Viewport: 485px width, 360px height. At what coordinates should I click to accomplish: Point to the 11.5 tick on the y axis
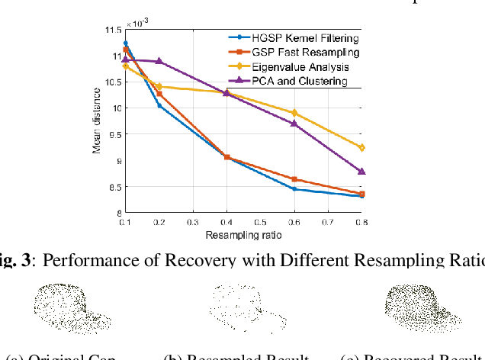point(111,30)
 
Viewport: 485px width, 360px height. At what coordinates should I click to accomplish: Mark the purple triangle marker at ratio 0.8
point(361,172)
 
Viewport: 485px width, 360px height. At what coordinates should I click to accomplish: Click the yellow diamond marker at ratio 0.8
point(361,147)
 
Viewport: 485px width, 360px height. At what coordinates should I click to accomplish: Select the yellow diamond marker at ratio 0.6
point(294,113)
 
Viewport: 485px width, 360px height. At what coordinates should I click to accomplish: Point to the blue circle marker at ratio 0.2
point(159,105)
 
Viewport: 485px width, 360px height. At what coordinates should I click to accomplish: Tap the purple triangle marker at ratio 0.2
point(159,61)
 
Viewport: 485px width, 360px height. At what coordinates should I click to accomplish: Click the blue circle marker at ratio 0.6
point(294,189)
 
